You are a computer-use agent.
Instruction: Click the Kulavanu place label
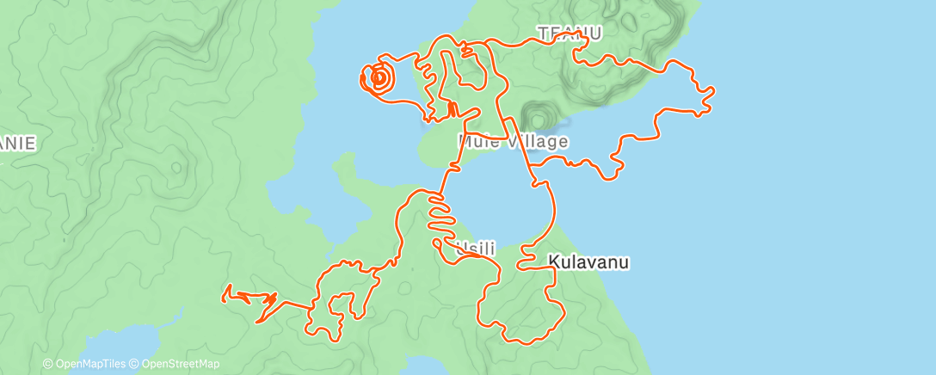click(x=589, y=261)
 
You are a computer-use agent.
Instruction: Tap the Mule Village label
click(x=514, y=141)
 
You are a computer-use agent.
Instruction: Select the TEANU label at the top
click(x=570, y=34)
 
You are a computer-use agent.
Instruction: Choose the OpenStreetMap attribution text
click(x=180, y=364)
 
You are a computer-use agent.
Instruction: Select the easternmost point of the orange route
click(x=714, y=89)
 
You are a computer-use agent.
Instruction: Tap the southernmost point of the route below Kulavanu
click(x=525, y=343)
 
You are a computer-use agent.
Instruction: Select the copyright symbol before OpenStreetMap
click(x=136, y=364)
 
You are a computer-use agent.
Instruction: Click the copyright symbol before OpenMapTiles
click(x=48, y=364)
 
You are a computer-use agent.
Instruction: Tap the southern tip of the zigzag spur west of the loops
click(x=257, y=323)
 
